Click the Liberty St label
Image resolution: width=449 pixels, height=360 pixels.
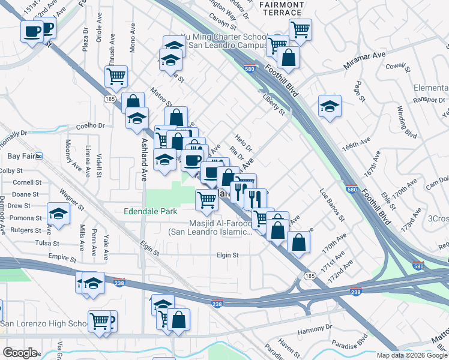(273, 104)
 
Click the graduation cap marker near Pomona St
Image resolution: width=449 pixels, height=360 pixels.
(59, 214)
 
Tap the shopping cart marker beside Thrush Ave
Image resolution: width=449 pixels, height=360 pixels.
(115, 76)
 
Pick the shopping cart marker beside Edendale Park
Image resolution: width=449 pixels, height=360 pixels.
(206, 199)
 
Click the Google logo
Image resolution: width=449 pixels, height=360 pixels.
(20, 352)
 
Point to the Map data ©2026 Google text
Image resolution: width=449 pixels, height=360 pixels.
(411, 355)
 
